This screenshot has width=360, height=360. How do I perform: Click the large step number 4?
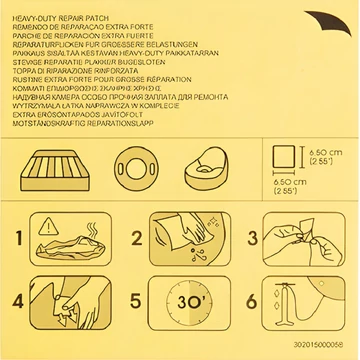18,301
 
